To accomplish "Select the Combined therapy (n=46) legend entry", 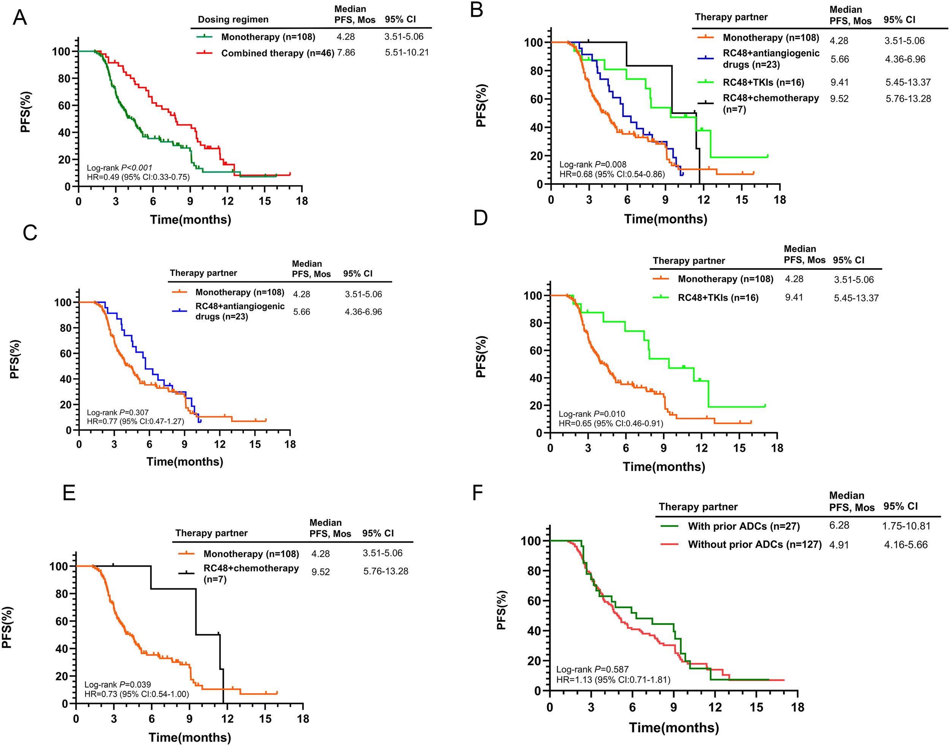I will click(277, 53).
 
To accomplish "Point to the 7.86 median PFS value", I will click(346, 53).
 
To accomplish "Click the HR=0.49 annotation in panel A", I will click(138, 177).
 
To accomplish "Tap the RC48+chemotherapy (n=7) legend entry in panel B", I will click(771, 103).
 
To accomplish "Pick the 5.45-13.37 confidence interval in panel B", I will click(908, 82).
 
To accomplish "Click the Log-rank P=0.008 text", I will click(593, 165).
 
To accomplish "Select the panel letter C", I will click(30, 233).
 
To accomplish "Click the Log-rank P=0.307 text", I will click(117, 412).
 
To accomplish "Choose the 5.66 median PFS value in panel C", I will click(301, 312).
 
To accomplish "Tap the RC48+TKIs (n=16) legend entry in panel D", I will click(718, 298).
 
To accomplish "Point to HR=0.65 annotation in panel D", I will click(611, 423).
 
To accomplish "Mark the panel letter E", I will click(69, 493).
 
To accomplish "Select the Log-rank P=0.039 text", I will click(117, 684).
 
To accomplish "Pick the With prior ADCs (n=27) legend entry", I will click(743, 526).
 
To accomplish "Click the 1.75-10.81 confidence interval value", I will click(906, 526).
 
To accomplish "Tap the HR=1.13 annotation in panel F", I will click(613, 679).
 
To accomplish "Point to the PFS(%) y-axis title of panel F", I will click(502, 610).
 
